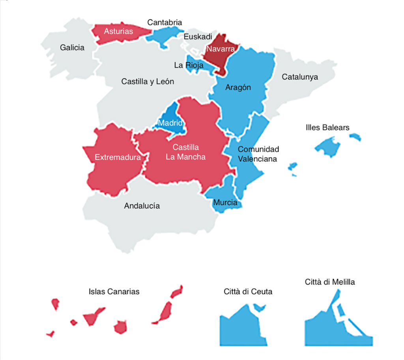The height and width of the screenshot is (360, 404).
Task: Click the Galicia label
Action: (72, 48)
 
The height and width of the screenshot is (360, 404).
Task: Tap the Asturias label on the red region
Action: (118, 31)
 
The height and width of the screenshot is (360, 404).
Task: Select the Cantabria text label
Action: (165, 22)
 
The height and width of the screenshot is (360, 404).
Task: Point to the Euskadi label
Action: (198, 37)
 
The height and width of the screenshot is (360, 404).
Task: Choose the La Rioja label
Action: (189, 65)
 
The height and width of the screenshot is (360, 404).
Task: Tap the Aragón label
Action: (238, 88)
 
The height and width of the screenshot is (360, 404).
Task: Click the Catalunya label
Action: (300, 77)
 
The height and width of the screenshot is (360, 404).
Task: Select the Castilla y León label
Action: (148, 82)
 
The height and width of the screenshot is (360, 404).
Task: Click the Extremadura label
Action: (118, 158)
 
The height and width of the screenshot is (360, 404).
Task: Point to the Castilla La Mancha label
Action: (185, 152)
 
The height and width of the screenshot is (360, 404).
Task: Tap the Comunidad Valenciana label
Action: (258, 154)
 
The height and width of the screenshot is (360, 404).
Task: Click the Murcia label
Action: (225, 203)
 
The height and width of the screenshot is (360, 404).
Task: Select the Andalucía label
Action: (142, 206)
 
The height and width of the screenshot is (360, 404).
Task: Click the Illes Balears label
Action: (327, 128)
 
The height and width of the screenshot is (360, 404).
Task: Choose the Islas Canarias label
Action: (114, 292)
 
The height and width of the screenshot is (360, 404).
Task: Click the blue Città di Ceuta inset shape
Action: (241, 327)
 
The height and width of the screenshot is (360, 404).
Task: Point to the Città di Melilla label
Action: (330, 282)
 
